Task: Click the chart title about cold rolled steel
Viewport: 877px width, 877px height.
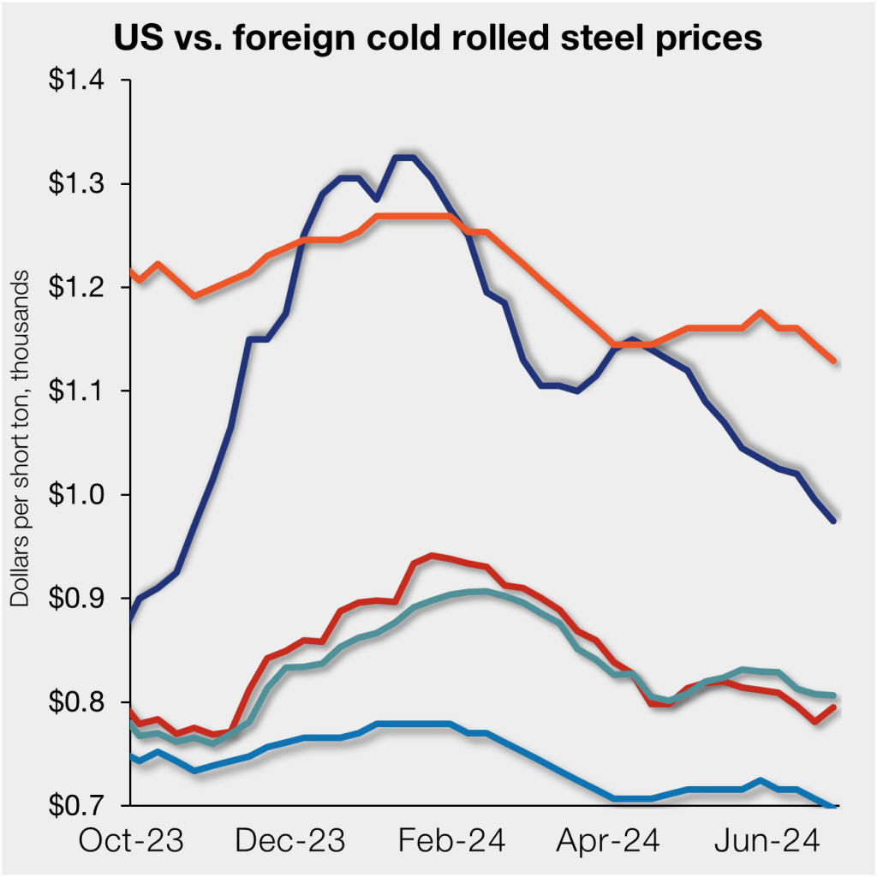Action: coord(438,39)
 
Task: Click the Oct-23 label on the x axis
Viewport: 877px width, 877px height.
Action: coord(131,841)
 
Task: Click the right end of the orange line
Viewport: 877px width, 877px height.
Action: coord(833,361)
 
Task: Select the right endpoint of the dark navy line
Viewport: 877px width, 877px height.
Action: coord(833,520)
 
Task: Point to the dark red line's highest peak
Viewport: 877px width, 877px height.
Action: coord(432,556)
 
